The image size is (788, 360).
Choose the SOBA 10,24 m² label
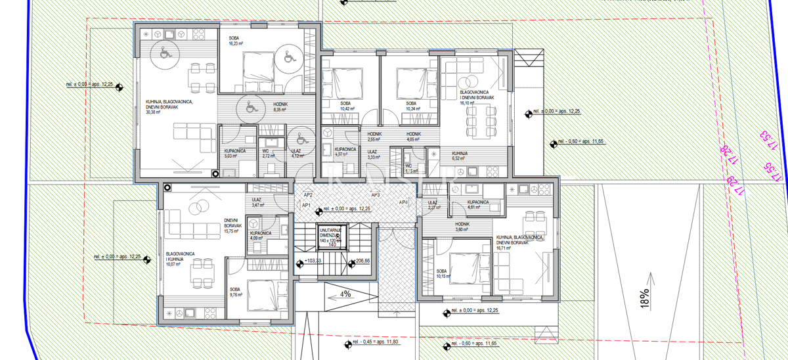(x=411, y=107)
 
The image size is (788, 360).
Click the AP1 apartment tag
(x=306, y=205)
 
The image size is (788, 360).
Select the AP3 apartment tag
(x=375, y=195)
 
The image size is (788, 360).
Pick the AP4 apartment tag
(x=404, y=202)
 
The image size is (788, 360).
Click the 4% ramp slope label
(x=345, y=294)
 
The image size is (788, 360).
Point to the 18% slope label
(x=644, y=298)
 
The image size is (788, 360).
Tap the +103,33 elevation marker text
(x=315, y=261)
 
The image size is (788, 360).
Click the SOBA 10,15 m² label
(x=444, y=273)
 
